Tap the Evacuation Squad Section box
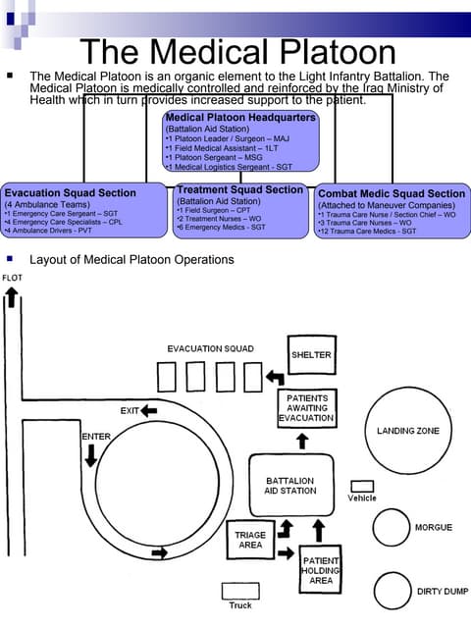pyautogui.click(x=83, y=209)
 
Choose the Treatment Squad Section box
pyautogui.click(x=240, y=209)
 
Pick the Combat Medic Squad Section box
pyautogui.click(x=392, y=211)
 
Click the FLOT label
pyautogui.click(x=13, y=278)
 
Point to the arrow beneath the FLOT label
pyautogui.click(x=12, y=298)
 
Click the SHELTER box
pyautogui.click(x=311, y=354)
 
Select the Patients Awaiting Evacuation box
pyautogui.click(x=306, y=407)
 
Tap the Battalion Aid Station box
pyautogui.click(x=289, y=487)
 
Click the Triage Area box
pyautogui.click(x=250, y=538)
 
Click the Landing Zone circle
pyautogui.click(x=407, y=432)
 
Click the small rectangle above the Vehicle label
pyautogui.click(x=362, y=486)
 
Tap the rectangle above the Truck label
pyautogui.click(x=239, y=591)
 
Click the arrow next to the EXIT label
pyautogui.click(x=149, y=410)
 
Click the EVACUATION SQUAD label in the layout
pyautogui.click(x=210, y=349)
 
